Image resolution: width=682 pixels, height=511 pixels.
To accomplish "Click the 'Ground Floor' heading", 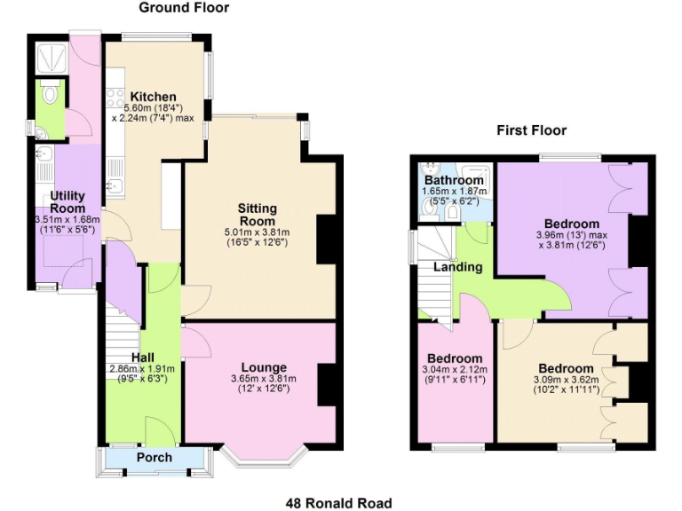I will tap(184, 8).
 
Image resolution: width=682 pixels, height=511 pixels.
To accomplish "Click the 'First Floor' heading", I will tap(532, 131).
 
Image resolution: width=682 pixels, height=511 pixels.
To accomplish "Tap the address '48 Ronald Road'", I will tap(338, 503).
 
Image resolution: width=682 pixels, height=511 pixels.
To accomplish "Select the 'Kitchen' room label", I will tap(153, 97).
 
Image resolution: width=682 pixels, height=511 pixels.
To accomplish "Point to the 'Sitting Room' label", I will tap(257, 214).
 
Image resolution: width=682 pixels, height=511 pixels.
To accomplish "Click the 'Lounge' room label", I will tap(264, 367).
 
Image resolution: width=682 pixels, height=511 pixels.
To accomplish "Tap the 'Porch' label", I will tap(155, 458).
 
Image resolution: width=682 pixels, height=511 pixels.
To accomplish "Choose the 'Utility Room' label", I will tap(67, 201).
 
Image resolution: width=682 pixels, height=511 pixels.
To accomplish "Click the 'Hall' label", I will tap(143, 358).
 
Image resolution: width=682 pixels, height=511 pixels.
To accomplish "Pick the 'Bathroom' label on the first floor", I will tap(454, 181).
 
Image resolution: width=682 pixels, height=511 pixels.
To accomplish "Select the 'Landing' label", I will tap(458, 267).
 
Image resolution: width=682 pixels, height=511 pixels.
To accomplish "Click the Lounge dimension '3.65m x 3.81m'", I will tap(264, 380).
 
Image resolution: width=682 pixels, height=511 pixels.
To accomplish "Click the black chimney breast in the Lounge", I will tap(326, 382).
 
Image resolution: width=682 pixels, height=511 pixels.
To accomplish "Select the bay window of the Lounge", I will tap(264, 454).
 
